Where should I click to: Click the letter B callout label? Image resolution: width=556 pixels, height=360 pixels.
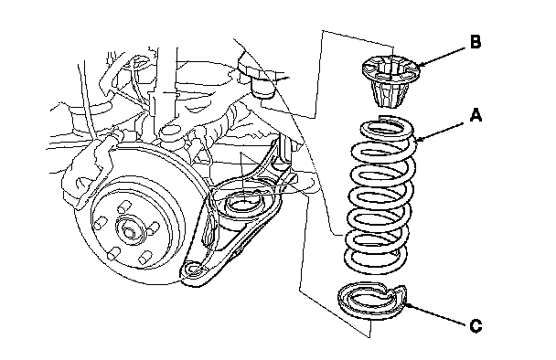coord(476,42)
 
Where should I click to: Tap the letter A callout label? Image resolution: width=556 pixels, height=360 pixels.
coord(476,115)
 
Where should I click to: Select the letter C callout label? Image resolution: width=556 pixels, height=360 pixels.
coord(476,325)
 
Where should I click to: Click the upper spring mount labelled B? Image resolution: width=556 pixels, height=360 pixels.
coord(390,81)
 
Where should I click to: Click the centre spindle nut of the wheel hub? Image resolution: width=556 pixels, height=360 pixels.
coord(130,232)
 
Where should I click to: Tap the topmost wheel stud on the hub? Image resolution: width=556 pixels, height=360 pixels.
coord(123,206)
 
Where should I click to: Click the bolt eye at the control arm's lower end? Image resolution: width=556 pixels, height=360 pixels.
coord(192,270)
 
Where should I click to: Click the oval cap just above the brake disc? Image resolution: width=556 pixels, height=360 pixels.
coord(170,132)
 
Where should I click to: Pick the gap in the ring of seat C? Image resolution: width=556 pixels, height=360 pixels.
coord(392,291)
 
